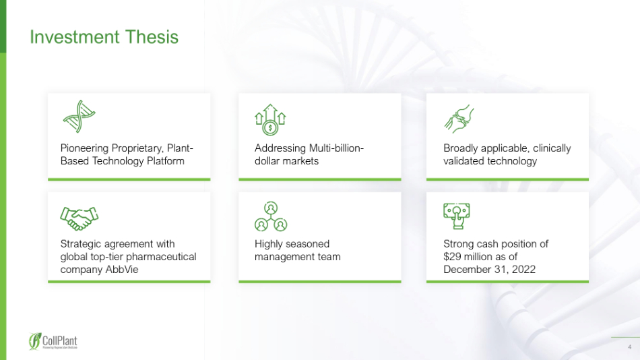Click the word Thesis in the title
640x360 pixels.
click(152, 37)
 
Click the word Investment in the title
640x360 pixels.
click(75, 37)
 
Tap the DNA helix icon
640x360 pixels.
click(79, 117)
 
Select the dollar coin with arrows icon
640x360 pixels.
click(270, 120)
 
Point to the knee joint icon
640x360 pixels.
click(459, 119)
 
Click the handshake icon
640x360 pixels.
click(79, 218)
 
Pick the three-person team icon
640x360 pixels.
click(271, 216)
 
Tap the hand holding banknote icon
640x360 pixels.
click(457, 216)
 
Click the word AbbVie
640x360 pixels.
click(122, 270)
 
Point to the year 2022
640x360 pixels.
click(523, 270)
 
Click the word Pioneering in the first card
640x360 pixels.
click(84, 148)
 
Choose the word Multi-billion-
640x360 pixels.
click(336, 148)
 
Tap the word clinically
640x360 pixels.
click(552, 148)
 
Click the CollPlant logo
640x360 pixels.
click(53, 341)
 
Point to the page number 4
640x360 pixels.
click(630, 347)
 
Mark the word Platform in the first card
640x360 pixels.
click(165, 161)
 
